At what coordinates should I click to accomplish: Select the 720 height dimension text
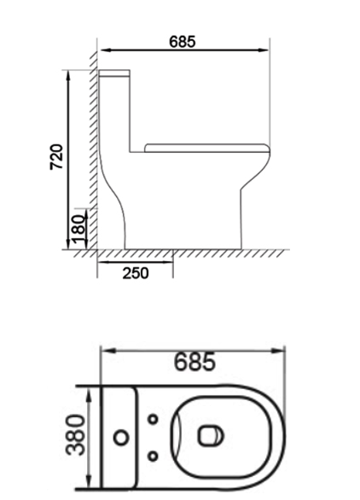coord(55,158)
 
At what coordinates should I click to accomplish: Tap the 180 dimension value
coord(78,229)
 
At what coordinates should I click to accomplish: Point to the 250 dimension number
coord(135,273)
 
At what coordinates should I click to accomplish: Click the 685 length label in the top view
coord(195,362)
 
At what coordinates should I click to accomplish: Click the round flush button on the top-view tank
coord(121,438)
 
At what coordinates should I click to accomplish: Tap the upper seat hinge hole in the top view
coord(153,419)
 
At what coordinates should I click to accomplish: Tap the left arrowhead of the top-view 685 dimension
coord(107,350)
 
